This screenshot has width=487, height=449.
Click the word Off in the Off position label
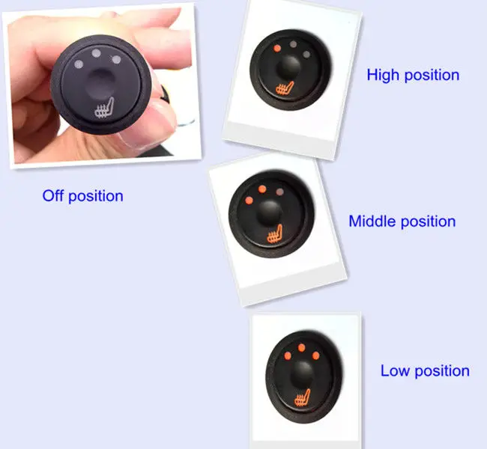coord(52,196)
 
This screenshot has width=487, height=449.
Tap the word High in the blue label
coord(384,75)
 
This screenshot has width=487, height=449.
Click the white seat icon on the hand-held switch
coord(104,109)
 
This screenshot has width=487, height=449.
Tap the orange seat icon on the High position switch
coord(285,88)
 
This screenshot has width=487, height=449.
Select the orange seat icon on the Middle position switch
coord(275,234)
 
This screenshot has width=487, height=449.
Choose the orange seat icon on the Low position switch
coord(303,398)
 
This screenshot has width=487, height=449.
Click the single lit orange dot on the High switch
coord(277,49)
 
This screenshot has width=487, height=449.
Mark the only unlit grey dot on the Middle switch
coord(280,192)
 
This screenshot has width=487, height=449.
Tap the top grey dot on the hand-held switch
coord(97,53)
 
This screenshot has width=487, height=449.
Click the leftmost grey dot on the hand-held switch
coord(79,64)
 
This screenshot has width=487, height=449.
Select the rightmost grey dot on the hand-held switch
coord(116,60)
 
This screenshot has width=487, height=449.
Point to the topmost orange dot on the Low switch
coord(302,348)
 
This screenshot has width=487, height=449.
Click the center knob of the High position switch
coord(289,67)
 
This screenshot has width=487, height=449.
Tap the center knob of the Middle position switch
coord(269,213)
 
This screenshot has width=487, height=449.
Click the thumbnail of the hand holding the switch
coord(102,85)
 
